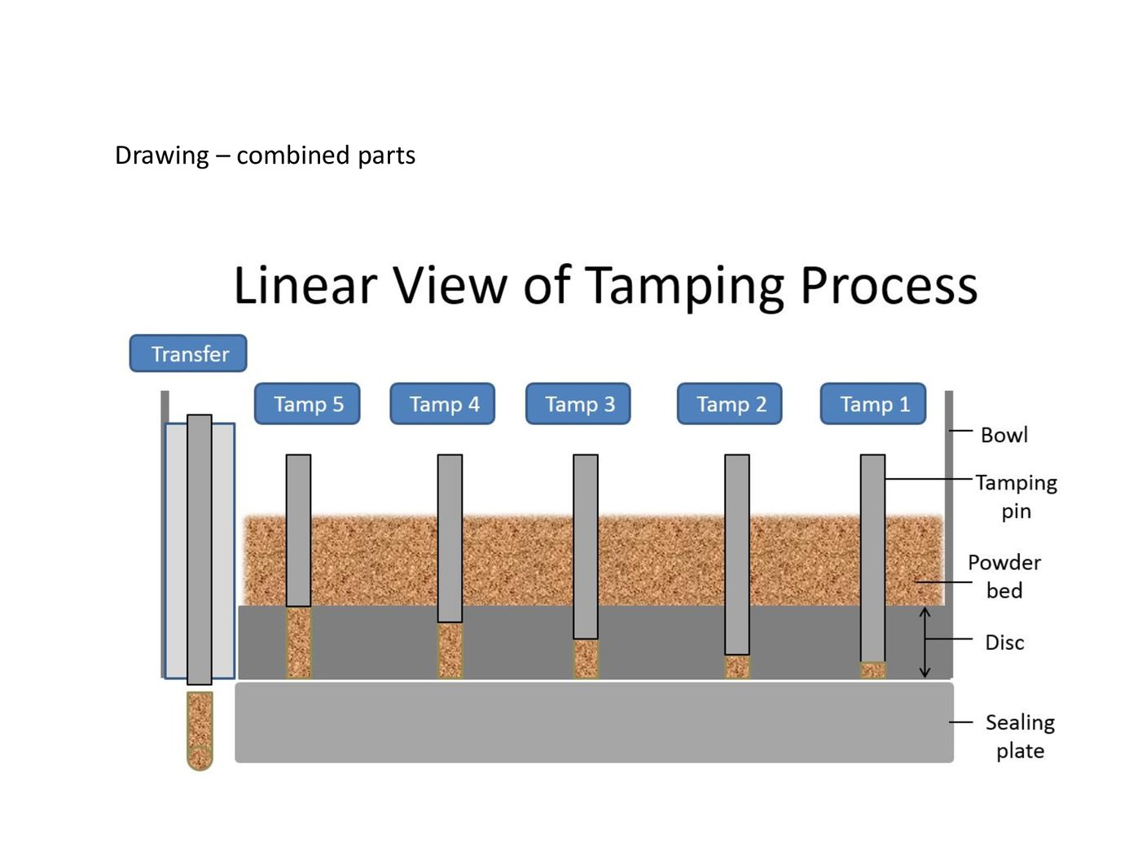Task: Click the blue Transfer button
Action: tap(188, 353)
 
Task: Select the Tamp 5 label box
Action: tap(307, 404)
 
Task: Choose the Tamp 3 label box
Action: tap(578, 404)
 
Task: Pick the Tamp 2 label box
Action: tap(730, 404)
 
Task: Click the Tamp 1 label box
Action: tap(873, 404)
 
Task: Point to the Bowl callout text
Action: tap(1004, 435)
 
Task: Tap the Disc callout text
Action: tap(1004, 643)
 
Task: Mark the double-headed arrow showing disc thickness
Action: tap(925, 642)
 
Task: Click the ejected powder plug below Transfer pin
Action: tap(200, 730)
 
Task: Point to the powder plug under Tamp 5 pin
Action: tap(299, 643)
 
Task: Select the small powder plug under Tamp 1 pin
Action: tap(872, 670)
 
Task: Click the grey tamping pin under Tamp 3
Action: tap(586, 546)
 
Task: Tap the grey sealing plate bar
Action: tap(594, 722)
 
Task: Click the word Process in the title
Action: tap(889, 286)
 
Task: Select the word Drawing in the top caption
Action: tap(161, 155)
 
